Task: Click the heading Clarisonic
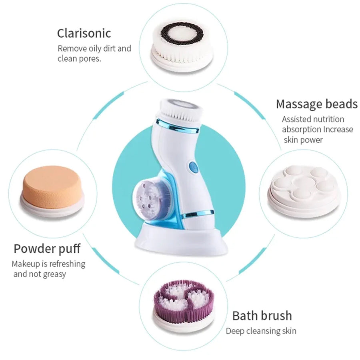(x=84, y=33)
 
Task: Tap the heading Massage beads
(x=316, y=104)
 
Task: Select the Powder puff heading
(x=47, y=248)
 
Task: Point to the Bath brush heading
(x=262, y=316)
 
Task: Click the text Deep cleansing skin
(x=261, y=331)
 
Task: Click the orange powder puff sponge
(x=52, y=186)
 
